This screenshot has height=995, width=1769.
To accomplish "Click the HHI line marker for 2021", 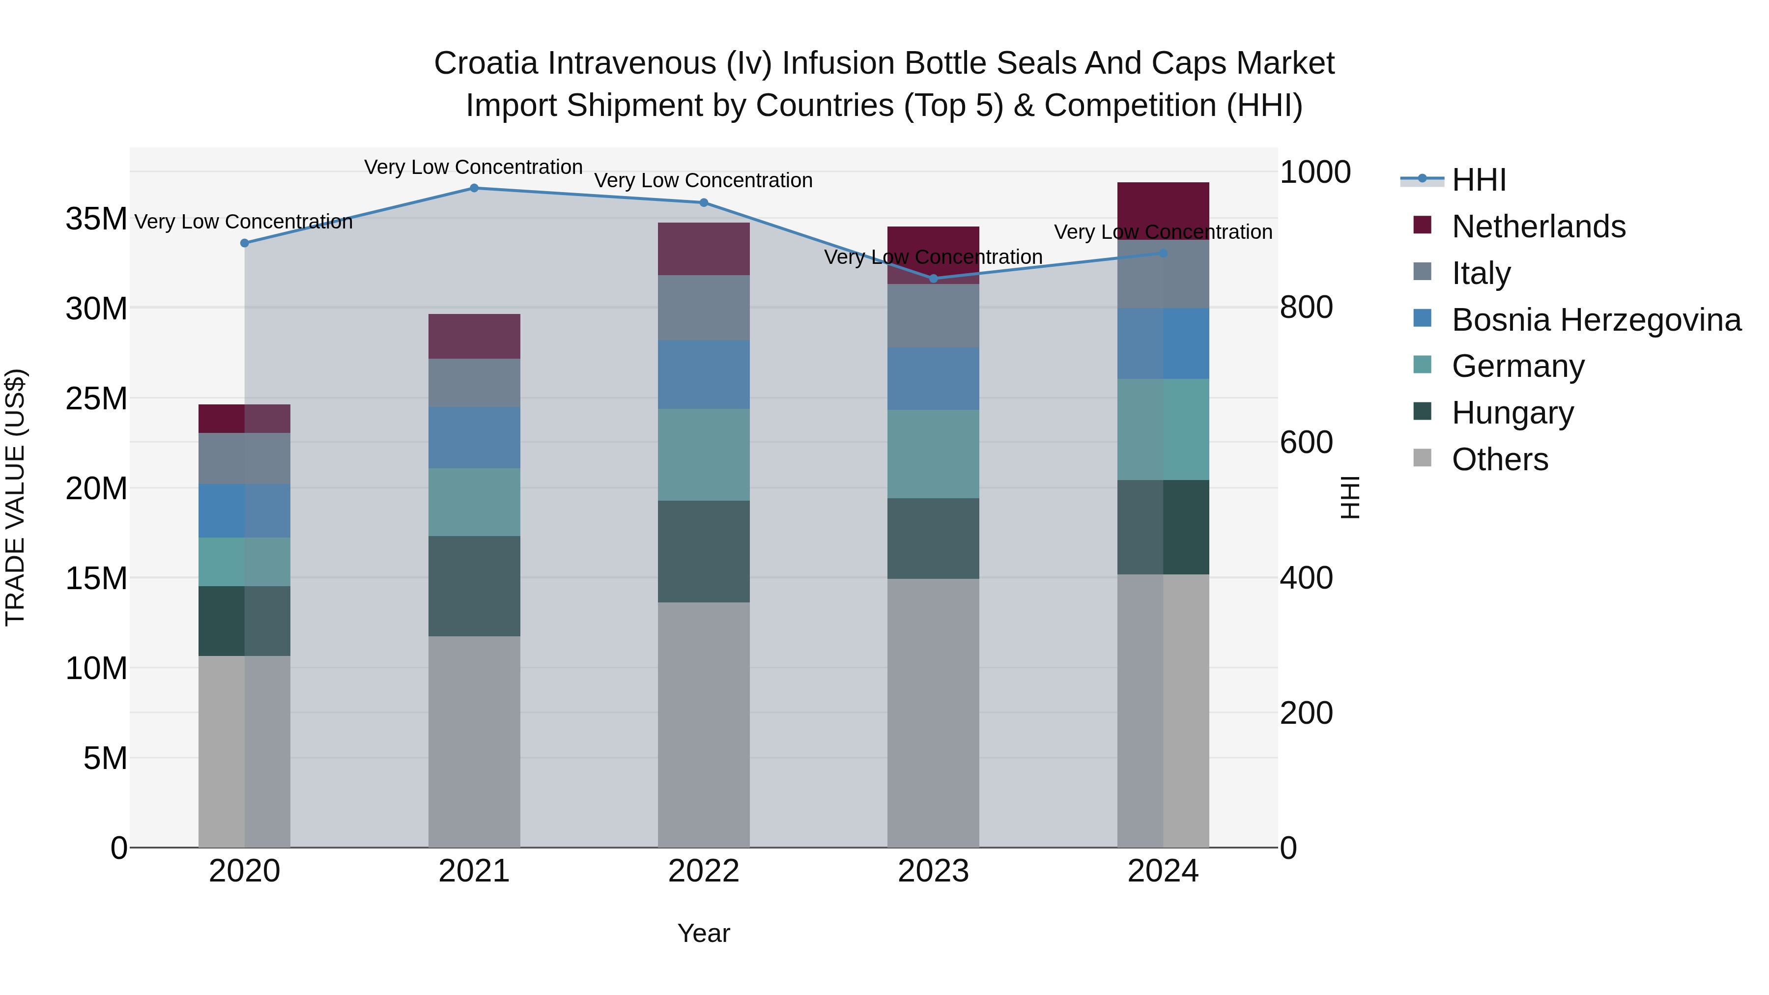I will click(474, 188).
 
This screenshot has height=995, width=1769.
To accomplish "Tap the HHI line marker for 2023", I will click(933, 279).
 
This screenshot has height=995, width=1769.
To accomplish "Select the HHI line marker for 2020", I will click(245, 243).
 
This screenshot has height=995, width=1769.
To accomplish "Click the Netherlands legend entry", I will click(1538, 227).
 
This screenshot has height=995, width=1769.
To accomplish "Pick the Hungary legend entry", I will click(1512, 413).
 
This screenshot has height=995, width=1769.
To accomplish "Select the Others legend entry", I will click(1500, 459).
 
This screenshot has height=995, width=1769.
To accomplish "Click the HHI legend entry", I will click(1479, 180).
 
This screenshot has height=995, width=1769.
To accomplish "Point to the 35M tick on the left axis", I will click(96, 219).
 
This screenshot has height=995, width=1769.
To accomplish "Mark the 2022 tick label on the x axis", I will click(703, 871).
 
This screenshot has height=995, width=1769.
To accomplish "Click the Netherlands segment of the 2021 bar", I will click(474, 337).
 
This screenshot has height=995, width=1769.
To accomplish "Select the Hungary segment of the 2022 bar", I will click(703, 551).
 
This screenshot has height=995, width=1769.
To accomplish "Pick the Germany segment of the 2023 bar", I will click(933, 454).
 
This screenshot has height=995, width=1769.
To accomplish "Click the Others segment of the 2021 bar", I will click(474, 741).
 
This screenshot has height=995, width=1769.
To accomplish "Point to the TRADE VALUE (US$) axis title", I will click(15, 497).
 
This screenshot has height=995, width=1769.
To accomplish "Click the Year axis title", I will click(703, 933).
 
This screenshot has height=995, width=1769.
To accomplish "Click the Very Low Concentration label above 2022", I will click(703, 181).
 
